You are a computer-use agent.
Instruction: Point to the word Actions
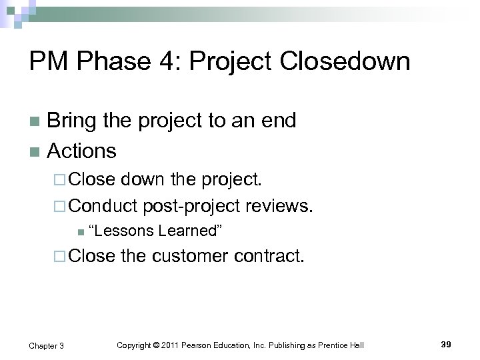click(81, 151)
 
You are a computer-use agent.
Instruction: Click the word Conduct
click(103, 207)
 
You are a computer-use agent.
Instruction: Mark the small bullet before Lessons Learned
click(80, 232)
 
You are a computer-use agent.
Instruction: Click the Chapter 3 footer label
click(47, 345)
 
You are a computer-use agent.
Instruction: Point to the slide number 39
click(446, 344)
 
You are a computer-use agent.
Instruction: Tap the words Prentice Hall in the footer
click(341, 345)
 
